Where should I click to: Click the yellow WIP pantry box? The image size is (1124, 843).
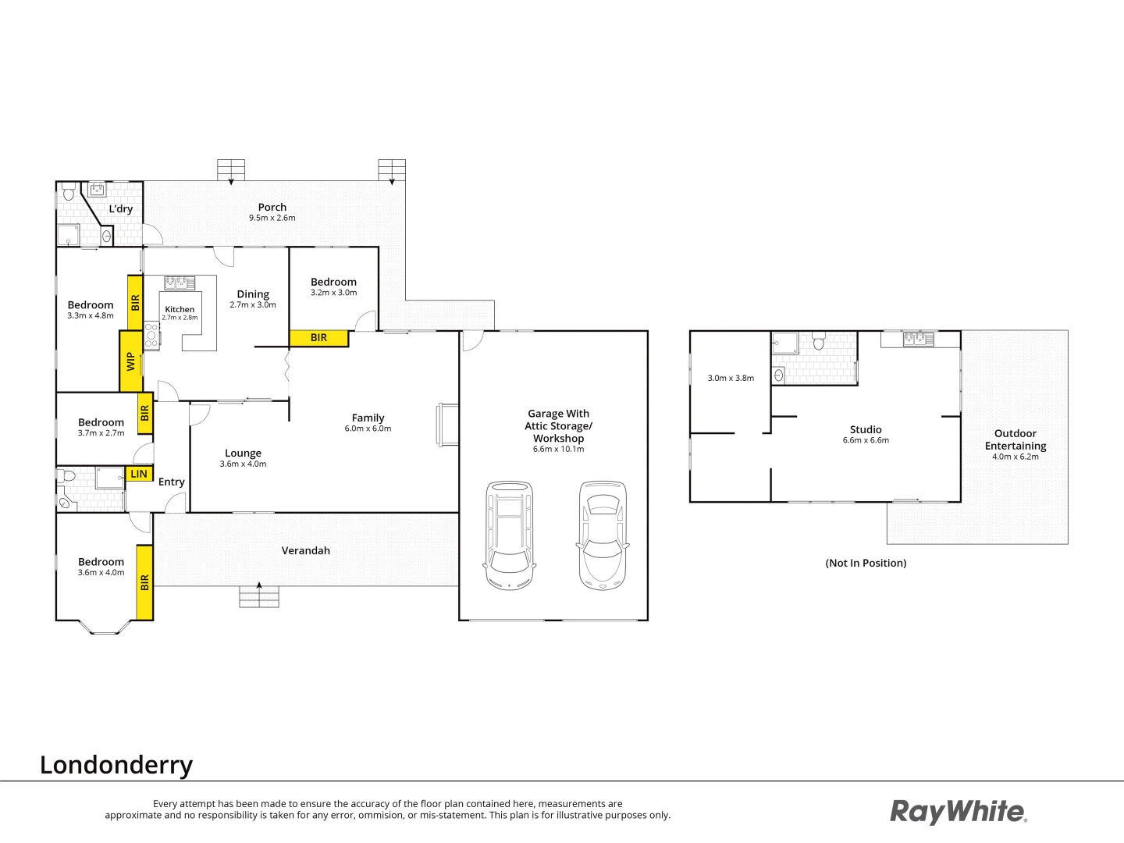[130, 361]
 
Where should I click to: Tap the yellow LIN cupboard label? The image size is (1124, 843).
[139, 474]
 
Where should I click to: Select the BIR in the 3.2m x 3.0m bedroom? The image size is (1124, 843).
[318, 338]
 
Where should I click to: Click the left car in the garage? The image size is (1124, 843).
[509, 535]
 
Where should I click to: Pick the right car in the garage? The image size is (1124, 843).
[602, 535]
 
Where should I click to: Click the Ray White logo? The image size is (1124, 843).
[959, 812]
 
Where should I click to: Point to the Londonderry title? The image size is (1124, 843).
[116, 765]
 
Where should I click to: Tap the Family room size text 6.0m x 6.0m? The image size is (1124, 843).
[368, 429]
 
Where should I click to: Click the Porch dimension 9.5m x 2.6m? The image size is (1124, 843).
[272, 219]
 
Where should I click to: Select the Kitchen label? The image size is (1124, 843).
[180, 309]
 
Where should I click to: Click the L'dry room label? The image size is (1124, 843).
[121, 208]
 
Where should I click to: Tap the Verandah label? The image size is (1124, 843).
[306, 550]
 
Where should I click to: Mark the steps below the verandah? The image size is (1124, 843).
[258, 598]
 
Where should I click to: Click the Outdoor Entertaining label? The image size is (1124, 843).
[1016, 439]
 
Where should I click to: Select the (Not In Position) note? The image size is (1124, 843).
[866, 563]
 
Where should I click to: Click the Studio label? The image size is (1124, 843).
[866, 429]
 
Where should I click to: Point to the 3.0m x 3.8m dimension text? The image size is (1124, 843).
[731, 378]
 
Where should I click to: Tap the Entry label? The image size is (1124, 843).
[172, 482]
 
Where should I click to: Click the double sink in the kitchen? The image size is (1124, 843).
[180, 283]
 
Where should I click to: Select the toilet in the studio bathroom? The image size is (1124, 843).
[819, 342]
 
